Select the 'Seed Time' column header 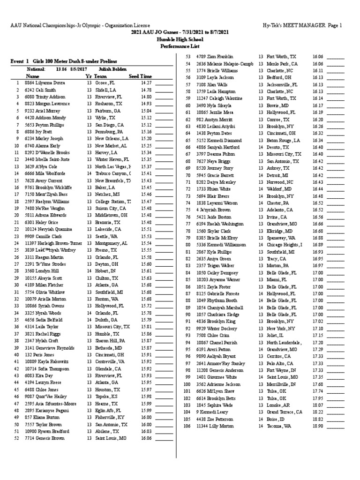[141, 76]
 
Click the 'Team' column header [100, 76]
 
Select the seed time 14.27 [146, 82]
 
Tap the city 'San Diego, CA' [109, 125]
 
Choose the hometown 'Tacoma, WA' [278, 426]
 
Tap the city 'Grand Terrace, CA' [284, 412]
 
